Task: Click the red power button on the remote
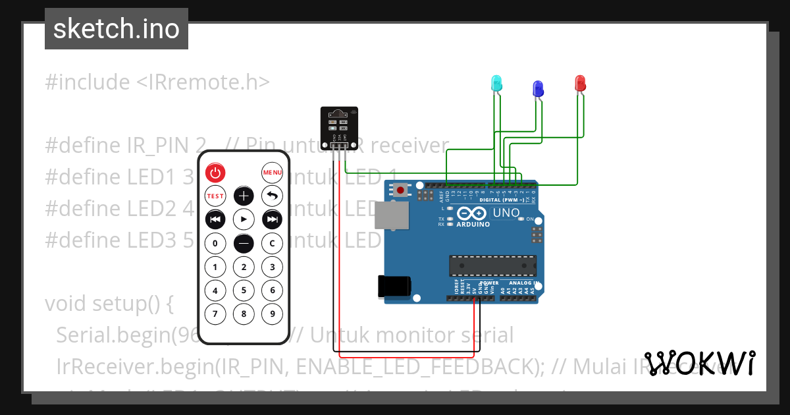pyautogui.click(x=215, y=173)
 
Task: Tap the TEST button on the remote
pyautogui.click(x=215, y=196)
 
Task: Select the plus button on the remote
pyautogui.click(x=244, y=196)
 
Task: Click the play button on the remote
pyautogui.click(x=244, y=219)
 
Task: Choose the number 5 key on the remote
pyautogui.click(x=244, y=290)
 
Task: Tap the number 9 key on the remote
pyautogui.click(x=272, y=314)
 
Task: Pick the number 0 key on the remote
pyautogui.click(x=215, y=243)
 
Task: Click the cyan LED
pyautogui.click(x=497, y=83)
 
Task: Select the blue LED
pyautogui.click(x=537, y=88)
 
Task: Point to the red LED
pyautogui.click(x=580, y=83)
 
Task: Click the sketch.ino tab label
pyautogui.click(x=117, y=29)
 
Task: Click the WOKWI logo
pyautogui.click(x=700, y=363)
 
